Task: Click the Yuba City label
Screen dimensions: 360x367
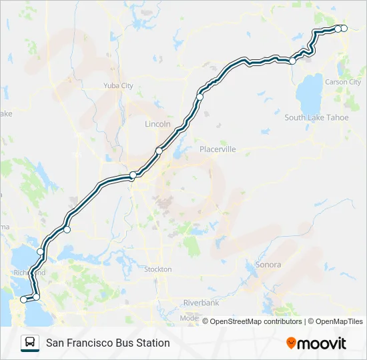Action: (x=118, y=85)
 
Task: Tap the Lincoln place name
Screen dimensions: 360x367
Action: (x=158, y=124)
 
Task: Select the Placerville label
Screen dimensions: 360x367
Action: (x=218, y=149)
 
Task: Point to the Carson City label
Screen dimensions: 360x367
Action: (x=342, y=82)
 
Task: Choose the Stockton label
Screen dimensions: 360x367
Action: (x=158, y=269)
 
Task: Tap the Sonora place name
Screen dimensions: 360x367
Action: (x=268, y=265)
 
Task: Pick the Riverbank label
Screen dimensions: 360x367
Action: (x=201, y=303)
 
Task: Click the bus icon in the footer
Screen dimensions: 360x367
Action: (x=29, y=343)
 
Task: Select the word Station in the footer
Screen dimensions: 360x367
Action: (x=151, y=343)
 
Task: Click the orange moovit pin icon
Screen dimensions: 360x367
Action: (x=291, y=343)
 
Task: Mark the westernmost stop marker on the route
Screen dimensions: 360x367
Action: (x=24, y=300)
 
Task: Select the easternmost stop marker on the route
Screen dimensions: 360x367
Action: (x=344, y=28)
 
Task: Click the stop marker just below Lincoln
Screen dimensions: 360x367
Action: (x=159, y=151)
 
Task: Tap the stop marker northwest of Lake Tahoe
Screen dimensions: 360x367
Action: (x=292, y=61)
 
